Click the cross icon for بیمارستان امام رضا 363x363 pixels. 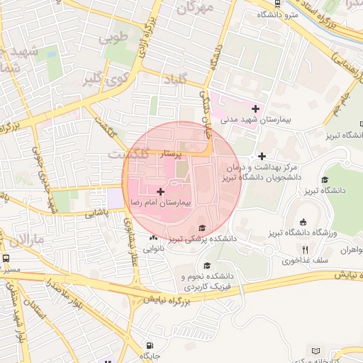160,191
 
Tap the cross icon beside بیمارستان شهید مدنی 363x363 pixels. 255,109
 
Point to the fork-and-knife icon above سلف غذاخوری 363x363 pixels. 306,250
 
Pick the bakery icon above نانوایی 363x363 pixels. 154,238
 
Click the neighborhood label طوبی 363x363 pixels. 115,35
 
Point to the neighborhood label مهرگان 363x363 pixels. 195,9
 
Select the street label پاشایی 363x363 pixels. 98,212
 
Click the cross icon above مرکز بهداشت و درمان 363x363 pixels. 262,156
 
